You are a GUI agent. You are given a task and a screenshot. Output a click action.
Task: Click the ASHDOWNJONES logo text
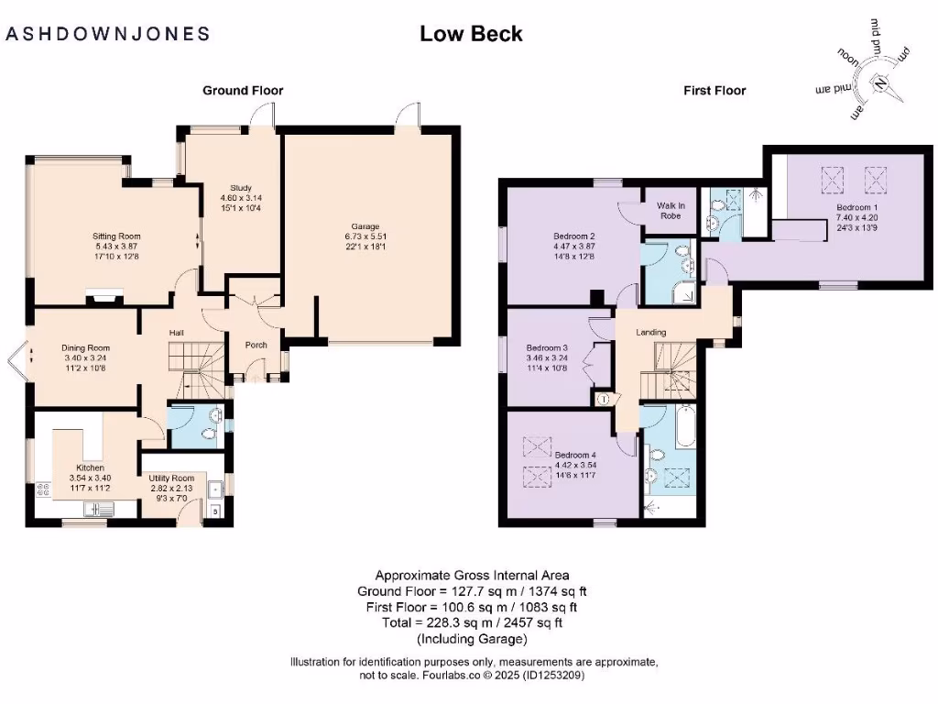[108, 34]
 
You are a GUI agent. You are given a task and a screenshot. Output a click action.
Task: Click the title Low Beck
[471, 34]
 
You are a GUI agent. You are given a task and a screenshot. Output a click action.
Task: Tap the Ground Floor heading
[243, 91]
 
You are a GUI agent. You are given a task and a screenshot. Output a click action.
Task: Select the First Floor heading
[714, 91]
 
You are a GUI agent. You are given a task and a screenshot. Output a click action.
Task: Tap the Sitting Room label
[116, 236]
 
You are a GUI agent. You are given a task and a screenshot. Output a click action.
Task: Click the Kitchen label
[91, 467]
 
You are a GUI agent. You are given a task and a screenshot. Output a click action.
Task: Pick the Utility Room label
[172, 478]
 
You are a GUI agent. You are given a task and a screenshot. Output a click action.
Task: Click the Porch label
[256, 346]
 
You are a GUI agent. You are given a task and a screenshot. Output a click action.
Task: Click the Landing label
[650, 332]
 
